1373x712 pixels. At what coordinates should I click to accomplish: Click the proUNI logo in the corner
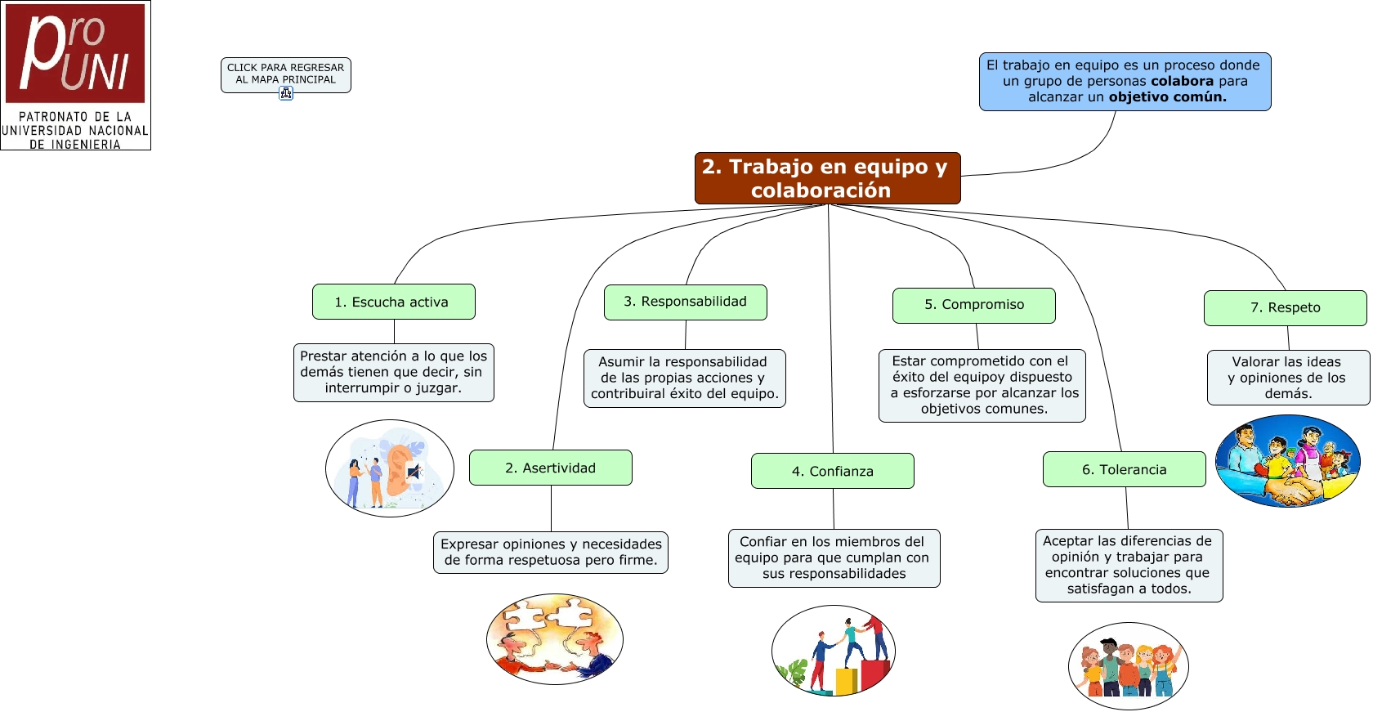(x=75, y=74)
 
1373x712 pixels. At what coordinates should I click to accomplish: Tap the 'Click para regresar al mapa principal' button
(x=285, y=74)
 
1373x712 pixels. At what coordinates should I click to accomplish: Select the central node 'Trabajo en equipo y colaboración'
(x=827, y=178)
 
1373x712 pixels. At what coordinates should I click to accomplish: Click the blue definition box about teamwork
(x=1125, y=82)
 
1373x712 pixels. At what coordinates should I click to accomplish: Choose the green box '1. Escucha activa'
(x=393, y=302)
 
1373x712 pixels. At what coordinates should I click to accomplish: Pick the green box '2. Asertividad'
(x=550, y=468)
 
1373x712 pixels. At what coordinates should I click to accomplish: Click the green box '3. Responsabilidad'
(x=685, y=302)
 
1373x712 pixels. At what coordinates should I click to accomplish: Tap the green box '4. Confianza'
(x=832, y=471)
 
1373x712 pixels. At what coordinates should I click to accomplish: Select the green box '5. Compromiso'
(x=973, y=305)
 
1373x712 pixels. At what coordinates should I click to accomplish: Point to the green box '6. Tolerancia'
(x=1124, y=469)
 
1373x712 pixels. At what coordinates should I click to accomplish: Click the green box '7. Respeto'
(x=1285, y=307)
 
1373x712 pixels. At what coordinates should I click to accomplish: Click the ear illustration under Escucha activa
(x=390, y=468)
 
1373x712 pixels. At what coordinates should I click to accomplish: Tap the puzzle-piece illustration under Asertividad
(x=554, y=638)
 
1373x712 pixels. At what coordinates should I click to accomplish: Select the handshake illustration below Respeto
(x=1287, y=461)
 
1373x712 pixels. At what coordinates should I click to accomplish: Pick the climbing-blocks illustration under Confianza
(x=833, y=651)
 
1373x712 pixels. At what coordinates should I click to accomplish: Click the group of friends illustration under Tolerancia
(x=1128, y=665)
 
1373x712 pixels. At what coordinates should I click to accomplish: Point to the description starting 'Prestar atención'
(x=393, y=372)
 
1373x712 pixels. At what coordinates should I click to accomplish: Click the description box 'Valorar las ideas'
(x=1287, y=377)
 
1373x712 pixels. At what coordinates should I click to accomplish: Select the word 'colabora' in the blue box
(x=1182, y=81)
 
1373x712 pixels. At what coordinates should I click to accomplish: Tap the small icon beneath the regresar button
(x=286, y=93)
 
